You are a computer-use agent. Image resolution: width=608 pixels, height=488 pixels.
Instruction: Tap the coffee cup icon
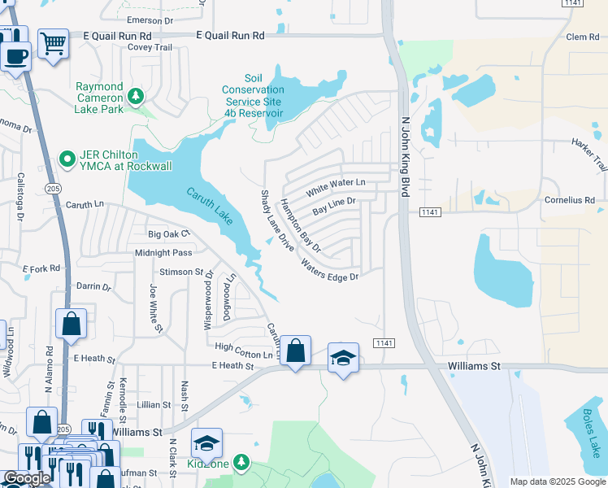click(x=15, y=55)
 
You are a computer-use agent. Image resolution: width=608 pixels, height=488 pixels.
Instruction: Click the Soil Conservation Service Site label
click(x=253, y=96)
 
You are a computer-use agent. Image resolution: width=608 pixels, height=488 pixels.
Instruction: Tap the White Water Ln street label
click(x=336, y=187)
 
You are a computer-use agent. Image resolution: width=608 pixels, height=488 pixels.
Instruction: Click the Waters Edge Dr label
click(x=329, y=270)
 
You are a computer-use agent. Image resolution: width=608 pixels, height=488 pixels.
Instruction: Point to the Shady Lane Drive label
click(x=276, y=220)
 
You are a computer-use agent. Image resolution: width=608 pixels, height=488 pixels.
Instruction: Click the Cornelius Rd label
click(x=569, y=199)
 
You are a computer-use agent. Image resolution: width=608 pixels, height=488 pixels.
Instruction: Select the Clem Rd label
click(x=582, y=37)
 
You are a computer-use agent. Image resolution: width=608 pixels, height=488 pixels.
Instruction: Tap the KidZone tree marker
click(x=241, y=463)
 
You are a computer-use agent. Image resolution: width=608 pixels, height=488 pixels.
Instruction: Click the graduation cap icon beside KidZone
click(x=206, y=443)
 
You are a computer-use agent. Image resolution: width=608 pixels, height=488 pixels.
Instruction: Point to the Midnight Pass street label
click(x=163, y=253)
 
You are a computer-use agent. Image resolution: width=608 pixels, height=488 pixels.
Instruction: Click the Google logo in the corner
click(x=27, y=479)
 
